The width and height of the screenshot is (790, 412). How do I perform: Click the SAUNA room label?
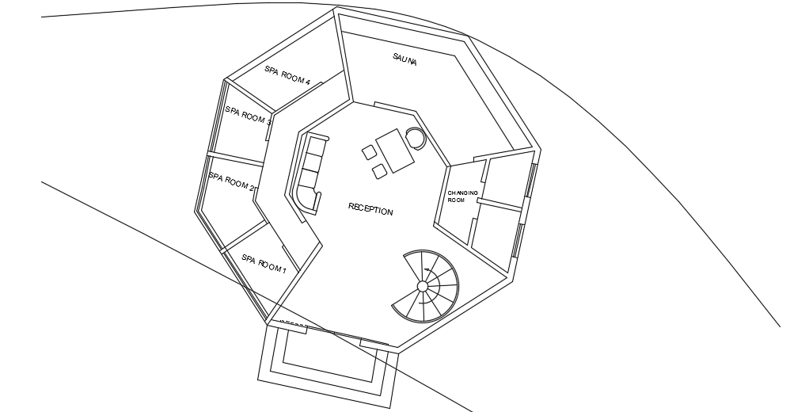[x=404, y=59]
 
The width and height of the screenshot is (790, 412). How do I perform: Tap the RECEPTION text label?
[x=370, y=211]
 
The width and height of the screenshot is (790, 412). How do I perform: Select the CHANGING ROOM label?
[x=462, y=196]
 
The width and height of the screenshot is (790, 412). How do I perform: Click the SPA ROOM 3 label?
[x=248, y=116]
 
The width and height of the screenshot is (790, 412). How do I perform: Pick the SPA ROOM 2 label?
[x=230, y=183]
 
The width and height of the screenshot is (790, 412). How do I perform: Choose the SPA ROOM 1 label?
[x=264, y=264]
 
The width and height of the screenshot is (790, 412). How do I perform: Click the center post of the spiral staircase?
[x=423, y=285]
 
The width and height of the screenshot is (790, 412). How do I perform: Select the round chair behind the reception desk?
[x=416, y=138]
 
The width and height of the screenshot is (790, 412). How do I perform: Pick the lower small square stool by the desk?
[x=381, y=169]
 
